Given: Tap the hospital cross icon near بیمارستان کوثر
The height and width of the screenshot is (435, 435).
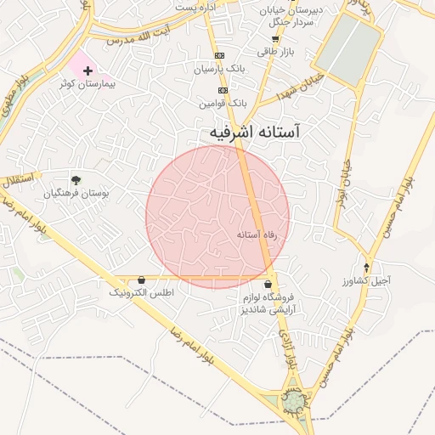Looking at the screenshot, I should [88, 70].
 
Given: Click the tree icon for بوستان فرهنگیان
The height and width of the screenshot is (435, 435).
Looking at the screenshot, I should [76, 179].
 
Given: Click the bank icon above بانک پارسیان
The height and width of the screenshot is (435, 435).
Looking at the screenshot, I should [221, 54].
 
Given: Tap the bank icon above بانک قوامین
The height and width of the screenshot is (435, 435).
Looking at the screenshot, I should [223, 90].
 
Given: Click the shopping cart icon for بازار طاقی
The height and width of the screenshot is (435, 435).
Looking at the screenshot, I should [274, 38].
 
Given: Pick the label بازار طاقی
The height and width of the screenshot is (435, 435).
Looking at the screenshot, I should [274, 51].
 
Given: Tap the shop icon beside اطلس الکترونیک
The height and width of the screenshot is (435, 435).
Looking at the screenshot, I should [140, 280].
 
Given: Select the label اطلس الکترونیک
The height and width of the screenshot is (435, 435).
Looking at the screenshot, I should [140, 292].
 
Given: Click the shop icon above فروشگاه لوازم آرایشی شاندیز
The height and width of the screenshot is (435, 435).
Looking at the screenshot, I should [268, 285].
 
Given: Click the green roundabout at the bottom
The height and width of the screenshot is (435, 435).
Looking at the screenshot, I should [293, 399].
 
